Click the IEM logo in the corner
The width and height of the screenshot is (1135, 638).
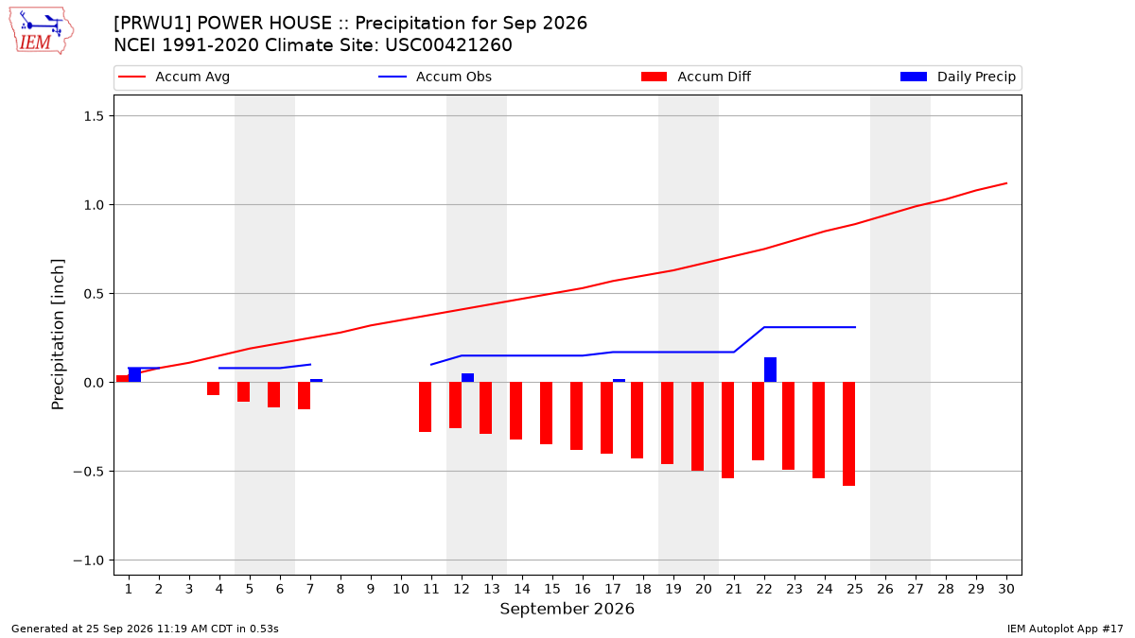pyautogui.click(x=42, y=31)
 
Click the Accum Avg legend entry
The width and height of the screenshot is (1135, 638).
pyautogui.click(x=174, y=77)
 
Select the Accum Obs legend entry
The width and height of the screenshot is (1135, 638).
pyautogui.click(x=435, y=77)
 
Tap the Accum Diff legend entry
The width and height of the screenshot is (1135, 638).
pyautogui.click(x=696, y=77)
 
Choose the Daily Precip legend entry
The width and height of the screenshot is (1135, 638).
pyautogui.click(x=958, y=77)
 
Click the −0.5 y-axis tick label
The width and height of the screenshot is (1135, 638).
pyautogui.click(x=89, y=472)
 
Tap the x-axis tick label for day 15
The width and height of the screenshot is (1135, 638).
pyautogui.click(x=552, y=590)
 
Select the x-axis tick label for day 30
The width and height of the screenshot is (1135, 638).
pyautogui.click(x=1006, y=590)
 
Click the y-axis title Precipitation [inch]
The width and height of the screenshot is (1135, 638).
pyautogui.click(x=58, y=335)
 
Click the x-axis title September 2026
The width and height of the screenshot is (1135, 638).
pyautogui.click(x=567, y=609)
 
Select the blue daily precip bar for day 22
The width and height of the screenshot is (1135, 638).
pyautogui.click(x=770, y=370)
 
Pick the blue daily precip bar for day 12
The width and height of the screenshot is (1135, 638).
pyautogui.click(x=467, y=378)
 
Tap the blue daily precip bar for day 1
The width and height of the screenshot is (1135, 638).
pyautogui.click(x=134, y=374)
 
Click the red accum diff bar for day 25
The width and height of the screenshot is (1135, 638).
pyautogui.click(x=848, y=434)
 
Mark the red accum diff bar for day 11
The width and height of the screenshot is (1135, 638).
pyautogui.click(x=425, y=407)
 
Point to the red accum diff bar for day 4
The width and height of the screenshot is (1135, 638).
pyautogui.click(x=214, y=388)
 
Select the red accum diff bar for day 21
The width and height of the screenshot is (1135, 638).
pyautogui.click(x=727, y=430)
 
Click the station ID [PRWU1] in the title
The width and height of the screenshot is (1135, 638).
pyautogui.click(x=152, y=24)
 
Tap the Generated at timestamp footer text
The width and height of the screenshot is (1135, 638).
pyautogui.click(x=145, y=629)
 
